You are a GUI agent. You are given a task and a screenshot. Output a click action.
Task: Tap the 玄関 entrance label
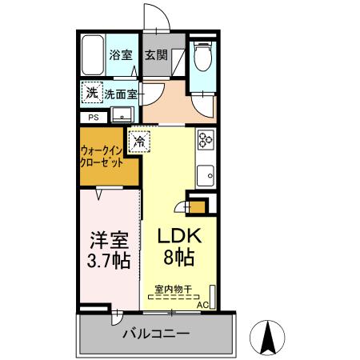click(x=156, y=56)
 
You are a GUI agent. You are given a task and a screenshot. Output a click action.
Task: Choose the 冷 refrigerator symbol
click(x=140, y=142)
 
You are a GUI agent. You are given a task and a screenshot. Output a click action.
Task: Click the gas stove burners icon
click(x=205, y=141)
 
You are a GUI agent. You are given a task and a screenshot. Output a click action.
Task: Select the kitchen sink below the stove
click(x=206, y=174)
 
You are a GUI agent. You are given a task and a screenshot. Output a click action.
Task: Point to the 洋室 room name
click(x=108, y=239)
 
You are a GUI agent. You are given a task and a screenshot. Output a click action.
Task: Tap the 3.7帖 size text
click(x=108, y=262)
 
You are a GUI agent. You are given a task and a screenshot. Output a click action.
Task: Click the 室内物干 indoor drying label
click(x=174, y=289)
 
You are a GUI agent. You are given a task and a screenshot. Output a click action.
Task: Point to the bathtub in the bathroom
click(x=94, y=55)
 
